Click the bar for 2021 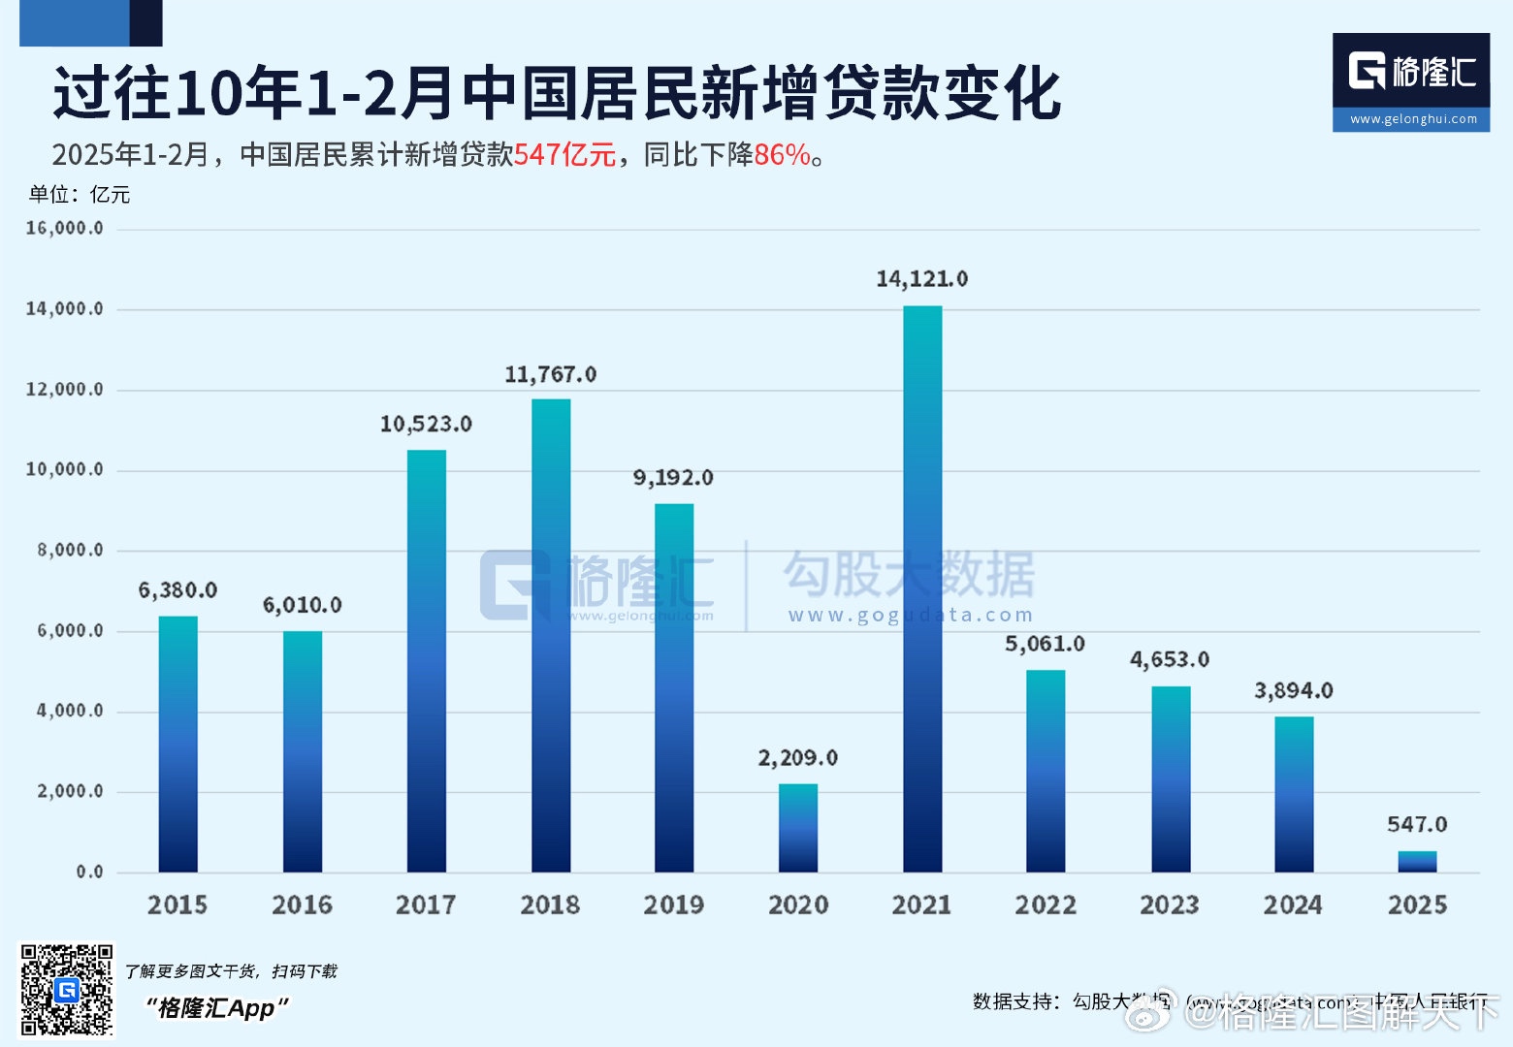[922, 588]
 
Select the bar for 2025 [1417, 862]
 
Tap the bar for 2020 [798, 828]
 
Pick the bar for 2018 [551, 635]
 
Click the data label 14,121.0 [921, 279]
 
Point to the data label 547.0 [1417, 824]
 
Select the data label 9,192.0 [673, 478]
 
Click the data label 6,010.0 [303, 605]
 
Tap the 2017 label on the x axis [426, 904]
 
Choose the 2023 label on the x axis [1170, 904]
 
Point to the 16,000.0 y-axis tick [64, 228]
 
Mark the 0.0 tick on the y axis [89, 872]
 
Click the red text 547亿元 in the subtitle [565, 155]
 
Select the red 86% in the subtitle [782, 155]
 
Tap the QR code [67, 990]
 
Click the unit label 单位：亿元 [80, 194]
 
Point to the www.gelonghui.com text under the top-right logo [1413, 119]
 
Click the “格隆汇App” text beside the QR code [217, 1008]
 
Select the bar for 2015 [178, 744]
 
